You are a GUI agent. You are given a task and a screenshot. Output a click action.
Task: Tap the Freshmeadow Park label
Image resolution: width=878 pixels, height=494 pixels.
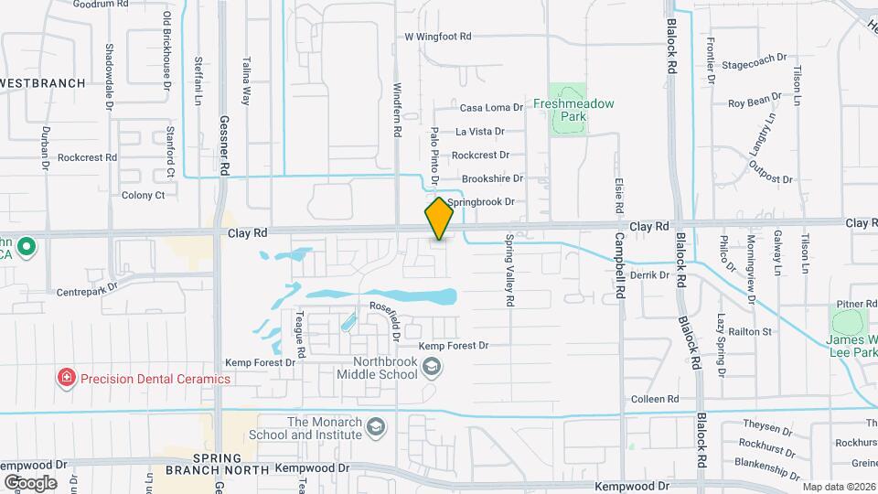tap(573, 109)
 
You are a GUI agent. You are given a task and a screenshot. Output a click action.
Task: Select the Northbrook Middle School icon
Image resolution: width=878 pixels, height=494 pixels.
tap(434, 367)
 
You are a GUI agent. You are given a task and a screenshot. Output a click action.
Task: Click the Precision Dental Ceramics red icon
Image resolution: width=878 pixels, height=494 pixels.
tap(66, 378)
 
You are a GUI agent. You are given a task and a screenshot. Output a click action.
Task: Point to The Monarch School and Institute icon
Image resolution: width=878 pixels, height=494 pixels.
tap(375, 427)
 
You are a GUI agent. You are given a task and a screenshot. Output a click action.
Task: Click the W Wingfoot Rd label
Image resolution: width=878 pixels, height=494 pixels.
tap(438, 38)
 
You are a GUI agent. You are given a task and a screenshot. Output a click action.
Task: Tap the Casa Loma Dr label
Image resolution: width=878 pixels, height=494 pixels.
tap(491, 108)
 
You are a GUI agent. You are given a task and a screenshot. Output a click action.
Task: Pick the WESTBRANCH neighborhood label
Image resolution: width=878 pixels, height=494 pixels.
tap(43, 83)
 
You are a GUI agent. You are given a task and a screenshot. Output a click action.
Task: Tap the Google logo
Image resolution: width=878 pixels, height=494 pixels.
tap(30, 482)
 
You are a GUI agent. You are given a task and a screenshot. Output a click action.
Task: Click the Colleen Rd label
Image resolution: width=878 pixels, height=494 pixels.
tap(655, 400)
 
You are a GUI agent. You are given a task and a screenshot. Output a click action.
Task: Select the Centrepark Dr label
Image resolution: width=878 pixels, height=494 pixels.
tap(88, 288)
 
